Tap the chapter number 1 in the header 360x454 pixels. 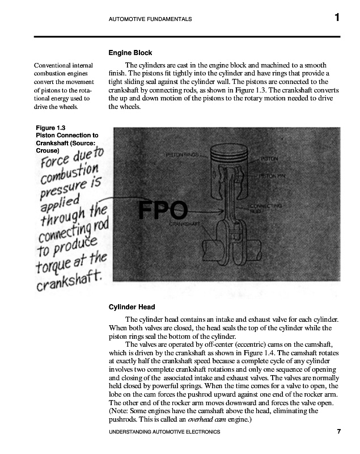click(x=337, y=18)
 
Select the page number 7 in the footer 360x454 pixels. click(x=338, y=432)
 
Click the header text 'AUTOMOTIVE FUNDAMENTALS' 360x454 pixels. click(x=150, y=19)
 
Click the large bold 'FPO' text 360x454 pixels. click(x=163, y=211)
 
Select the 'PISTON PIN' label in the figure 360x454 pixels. click(x=272, y=176)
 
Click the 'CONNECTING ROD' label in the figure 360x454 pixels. click(x=266, y=208)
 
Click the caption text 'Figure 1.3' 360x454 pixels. click(x=50, y=128)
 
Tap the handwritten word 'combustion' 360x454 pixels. click(x=68, y=171)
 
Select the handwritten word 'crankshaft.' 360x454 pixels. click(x=69, y=279)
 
